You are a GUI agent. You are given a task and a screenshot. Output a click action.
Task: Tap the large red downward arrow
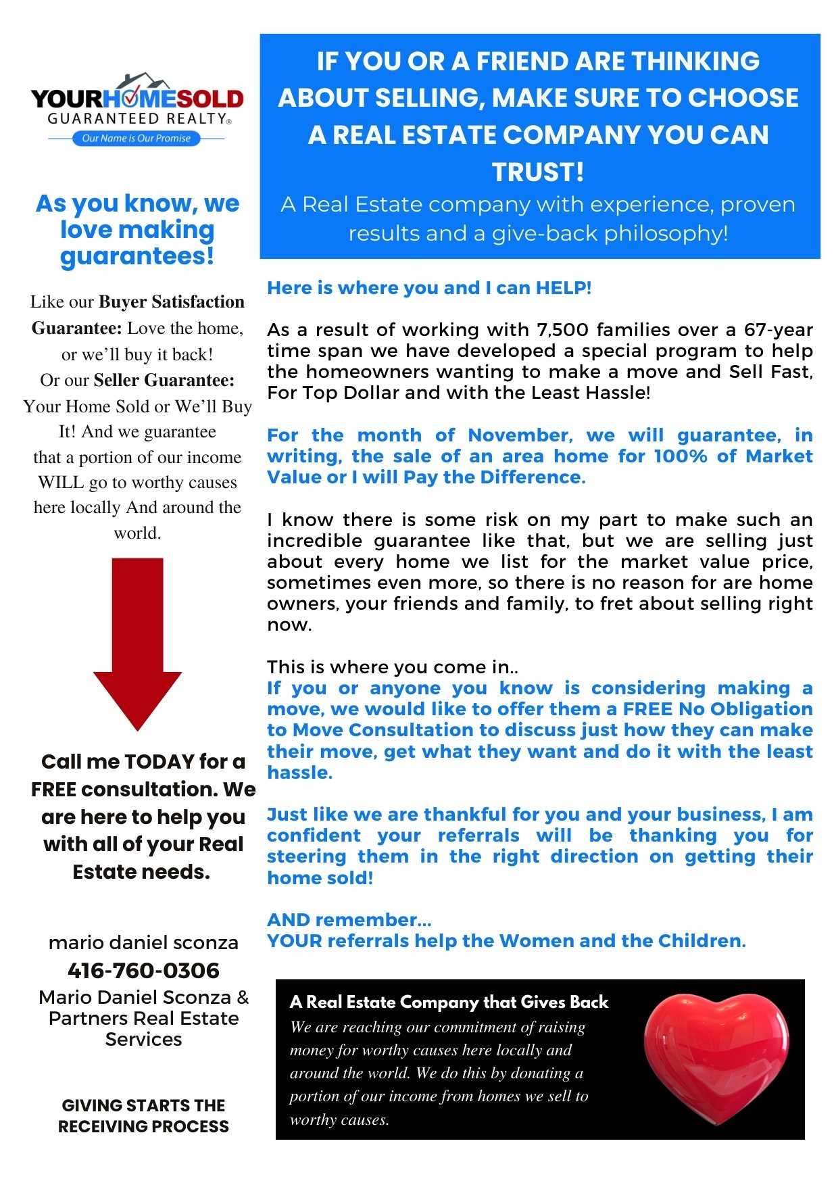[138, 642]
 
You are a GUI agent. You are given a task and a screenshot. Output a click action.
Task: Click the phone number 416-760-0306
[143, 971]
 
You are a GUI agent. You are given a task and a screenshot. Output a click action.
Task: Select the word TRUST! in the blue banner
[538, 172]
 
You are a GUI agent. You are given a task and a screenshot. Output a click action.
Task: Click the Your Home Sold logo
[137, 108]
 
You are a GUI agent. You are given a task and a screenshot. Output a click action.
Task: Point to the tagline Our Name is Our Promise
[136, 139]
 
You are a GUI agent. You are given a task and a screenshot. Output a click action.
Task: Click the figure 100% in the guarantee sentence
[680, 456]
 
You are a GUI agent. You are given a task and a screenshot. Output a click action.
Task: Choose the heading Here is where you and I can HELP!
[429, 288]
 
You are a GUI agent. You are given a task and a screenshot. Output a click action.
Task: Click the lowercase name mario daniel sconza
[143, 942]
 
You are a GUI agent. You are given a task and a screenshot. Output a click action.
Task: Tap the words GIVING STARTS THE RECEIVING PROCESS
[143, 1115]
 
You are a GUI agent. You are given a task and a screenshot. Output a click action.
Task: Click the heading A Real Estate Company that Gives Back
[449, 1002]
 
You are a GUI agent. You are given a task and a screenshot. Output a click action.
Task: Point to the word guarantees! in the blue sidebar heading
[137, 256]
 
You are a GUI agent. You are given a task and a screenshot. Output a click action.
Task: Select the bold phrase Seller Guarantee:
[164, 380]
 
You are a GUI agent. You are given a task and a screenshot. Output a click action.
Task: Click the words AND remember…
[349, 920]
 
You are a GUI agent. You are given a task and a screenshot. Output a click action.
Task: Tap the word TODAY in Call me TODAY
[159, 762]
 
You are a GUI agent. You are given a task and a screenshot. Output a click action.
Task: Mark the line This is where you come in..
[393, 667]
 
